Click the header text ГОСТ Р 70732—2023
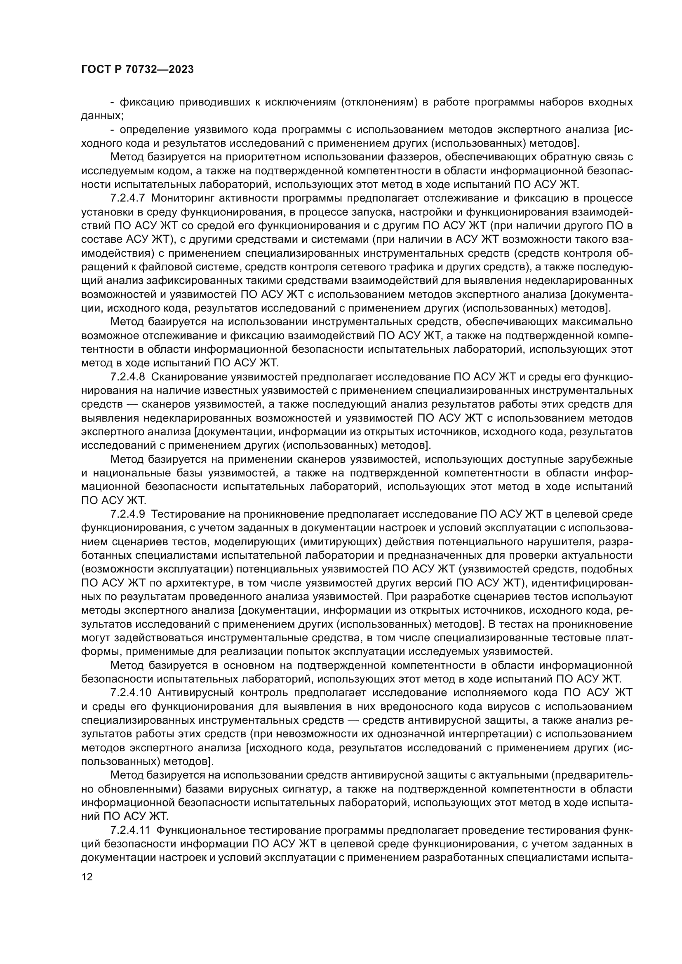tap(137, 70)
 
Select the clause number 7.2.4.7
tap(127, 198)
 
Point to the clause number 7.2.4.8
tap(127, 377)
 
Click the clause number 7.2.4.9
tap(127, 514)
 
